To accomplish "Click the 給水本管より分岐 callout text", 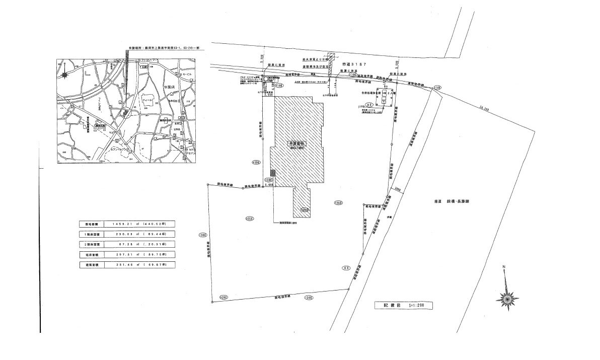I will click(313, 58).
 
